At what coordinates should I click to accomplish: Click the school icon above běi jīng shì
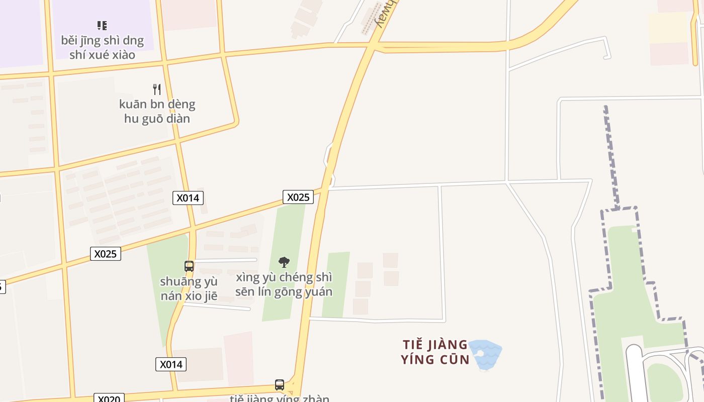102,25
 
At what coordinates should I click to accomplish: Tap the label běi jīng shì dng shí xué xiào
102,47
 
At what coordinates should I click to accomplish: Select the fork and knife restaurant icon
157,89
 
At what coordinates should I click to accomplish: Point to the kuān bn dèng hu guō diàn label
157,111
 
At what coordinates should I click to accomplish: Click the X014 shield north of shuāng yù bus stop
188,198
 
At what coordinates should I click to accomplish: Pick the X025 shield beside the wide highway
298,197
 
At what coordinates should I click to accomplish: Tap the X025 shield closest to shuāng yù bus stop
106,254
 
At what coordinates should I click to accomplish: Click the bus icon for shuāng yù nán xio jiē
189,266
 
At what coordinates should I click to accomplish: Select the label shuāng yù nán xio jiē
189,288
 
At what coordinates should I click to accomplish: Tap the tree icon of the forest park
284,262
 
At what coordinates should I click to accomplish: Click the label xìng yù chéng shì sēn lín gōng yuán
284,284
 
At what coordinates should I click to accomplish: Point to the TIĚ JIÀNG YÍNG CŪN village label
435,352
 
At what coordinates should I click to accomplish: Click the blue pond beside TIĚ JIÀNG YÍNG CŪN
485,354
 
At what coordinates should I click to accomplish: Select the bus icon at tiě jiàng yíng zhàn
280,385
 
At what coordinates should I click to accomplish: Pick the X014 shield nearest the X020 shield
171,364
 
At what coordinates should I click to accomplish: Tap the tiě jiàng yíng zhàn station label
280,398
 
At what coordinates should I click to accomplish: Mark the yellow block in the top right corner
667,28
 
